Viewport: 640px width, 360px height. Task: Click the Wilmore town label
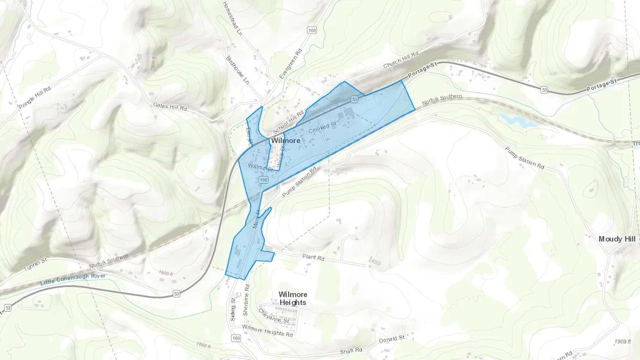(x=286, y=141)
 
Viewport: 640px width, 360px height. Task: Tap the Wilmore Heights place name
(x=293, y=299)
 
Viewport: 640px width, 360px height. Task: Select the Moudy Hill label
(x=617, y=239)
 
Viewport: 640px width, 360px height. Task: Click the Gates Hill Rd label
(x=170, y=106)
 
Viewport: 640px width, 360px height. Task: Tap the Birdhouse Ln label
(x=237, y=70)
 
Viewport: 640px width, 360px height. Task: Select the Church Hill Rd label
(x=401, y=60)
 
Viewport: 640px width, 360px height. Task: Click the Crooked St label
(x=322, y=128)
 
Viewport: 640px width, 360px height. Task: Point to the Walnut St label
(x=260, y=167)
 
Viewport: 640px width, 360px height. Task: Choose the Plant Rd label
(x=313, y=257)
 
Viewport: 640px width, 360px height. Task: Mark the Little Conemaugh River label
(x=73, y=279)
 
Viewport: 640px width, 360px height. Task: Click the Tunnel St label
(x=35, y=264)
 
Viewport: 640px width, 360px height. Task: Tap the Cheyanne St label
(x=273, y=316)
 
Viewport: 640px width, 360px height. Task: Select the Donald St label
(x=391, y=339)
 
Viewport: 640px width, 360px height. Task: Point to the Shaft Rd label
(x=351, y=351)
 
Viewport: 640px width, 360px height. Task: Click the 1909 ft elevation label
(x=623, y=342)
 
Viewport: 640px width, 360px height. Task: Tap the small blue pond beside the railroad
(x=517, y=120)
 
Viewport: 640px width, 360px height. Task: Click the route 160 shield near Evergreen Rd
(x=312, y=30)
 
